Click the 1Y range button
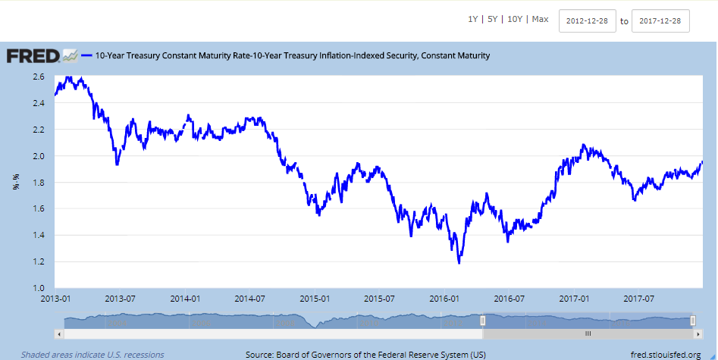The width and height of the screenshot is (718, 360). [x=473, y=20]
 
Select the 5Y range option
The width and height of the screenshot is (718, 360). [x=494, y=20]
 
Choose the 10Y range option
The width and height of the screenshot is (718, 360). [x=516, y=20]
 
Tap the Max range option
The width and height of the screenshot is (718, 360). [x=540, y=20]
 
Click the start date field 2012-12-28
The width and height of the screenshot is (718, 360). [x=587, y=21]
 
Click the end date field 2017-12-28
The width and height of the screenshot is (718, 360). [x=660, y=21]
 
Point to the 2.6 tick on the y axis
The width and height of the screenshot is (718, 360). [x=38, y=77]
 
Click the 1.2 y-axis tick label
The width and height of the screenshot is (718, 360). [x=38, y=261]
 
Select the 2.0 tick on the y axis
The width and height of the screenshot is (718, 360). [x=38, y=156]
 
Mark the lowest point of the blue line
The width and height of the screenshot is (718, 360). [x=459, y=263]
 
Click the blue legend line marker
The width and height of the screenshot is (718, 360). [x=87, y=55]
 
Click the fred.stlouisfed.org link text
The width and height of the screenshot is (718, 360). [x=668, y=354]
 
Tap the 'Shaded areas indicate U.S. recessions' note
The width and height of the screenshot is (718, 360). [x=92, y=354]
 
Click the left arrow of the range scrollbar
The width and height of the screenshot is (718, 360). [x=60, y=333]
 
